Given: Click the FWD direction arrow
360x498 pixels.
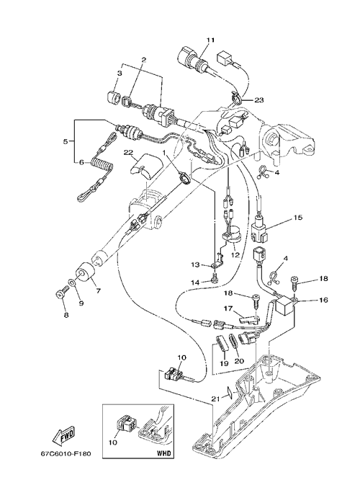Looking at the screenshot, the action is [64, 434].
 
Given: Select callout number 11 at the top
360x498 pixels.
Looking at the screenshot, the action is [211, 40].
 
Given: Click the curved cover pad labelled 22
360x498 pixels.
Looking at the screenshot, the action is [146, 166].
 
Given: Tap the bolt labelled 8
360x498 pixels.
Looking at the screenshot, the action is [60, 292].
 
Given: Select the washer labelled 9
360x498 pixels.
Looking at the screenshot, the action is [72, 281].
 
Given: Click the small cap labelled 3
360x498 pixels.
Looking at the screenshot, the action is [112, 97].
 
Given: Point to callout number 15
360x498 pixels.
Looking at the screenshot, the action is [298, 218].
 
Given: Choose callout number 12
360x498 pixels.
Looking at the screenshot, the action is [235, 246].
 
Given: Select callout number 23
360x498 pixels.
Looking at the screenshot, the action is [258, 99].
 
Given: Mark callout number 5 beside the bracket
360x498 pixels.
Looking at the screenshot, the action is [66, 141].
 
